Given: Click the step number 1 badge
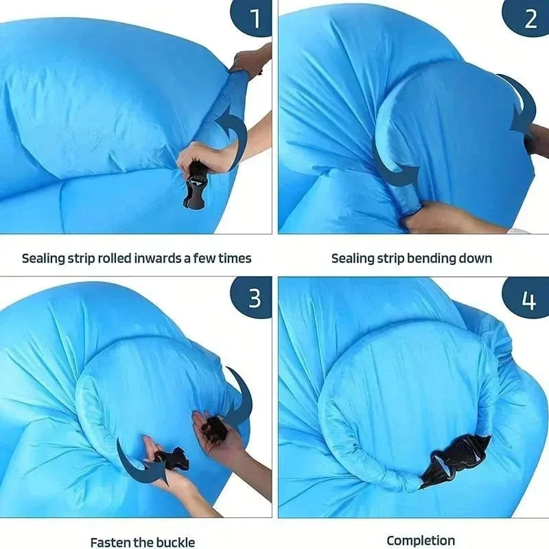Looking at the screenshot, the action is click(252, 18).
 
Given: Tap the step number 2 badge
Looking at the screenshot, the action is click(526, 18).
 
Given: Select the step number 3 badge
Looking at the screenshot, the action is click(252, 297).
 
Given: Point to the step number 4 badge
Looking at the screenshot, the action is click(526, 298).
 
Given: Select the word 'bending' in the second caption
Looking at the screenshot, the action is click(431, 259).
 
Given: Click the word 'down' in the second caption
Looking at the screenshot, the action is click(475, 259).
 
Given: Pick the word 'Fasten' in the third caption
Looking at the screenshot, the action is click(108, 542).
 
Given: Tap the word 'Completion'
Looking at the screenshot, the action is click(421, 541).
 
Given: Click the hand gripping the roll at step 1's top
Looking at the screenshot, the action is click(249, 63).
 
